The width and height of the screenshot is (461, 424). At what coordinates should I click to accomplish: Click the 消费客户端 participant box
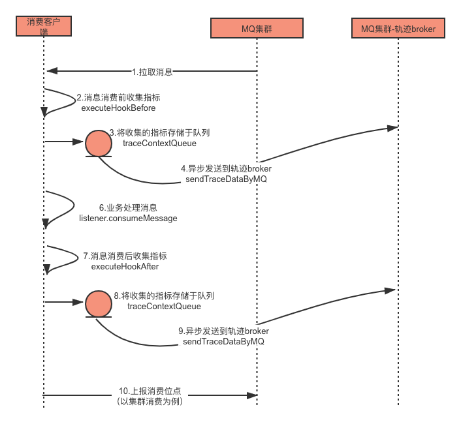click(44, 26)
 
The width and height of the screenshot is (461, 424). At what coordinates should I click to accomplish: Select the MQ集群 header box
click(256, 28)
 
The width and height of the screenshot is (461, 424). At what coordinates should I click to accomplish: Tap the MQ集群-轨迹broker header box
click(398, 28)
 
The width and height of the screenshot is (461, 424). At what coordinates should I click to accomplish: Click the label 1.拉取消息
click(152, 72)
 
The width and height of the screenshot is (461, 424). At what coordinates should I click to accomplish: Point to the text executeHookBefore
click(118, 108)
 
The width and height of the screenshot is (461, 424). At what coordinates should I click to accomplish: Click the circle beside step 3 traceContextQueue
click(99, 142)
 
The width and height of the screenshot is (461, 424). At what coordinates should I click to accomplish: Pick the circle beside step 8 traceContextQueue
click(99, 303)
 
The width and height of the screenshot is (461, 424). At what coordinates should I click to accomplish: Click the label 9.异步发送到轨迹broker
click(224, 331)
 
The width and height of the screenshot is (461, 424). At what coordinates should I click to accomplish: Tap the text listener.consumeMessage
click(128, 219)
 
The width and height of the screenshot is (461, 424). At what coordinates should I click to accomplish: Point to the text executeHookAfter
click(125, 266)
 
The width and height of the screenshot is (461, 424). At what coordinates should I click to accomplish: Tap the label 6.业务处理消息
click(128, 208)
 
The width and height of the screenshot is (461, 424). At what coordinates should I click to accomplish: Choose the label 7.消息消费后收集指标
click(125, 256)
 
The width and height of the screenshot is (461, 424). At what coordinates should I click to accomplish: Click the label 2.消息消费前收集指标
click(118, 97)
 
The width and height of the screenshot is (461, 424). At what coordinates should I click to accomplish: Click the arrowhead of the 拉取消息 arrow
click(50, 71)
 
